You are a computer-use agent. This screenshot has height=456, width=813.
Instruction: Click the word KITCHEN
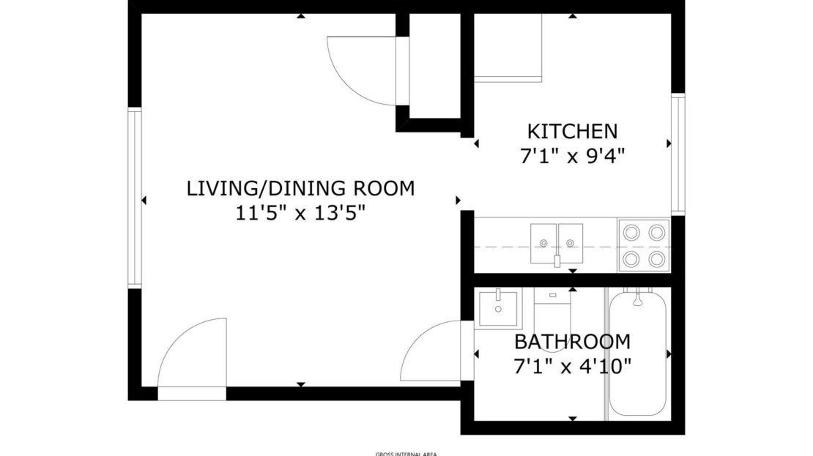pyautogui.click(x=572, y=132)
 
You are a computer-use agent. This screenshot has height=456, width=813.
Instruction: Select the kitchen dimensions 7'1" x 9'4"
pyautogui.click(x=572, y=156)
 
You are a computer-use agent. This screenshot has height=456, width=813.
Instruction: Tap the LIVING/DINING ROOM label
pyautogui.click(x=300, y=189)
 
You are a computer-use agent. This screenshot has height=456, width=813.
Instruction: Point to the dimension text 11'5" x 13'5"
pyautogui.click(x=300, y=213)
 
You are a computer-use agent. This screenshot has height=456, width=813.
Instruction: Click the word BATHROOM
pyautogui.click(x=572, y=342)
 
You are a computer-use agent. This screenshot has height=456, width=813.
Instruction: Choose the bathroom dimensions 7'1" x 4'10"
pyautogui.click(x=572, y=366)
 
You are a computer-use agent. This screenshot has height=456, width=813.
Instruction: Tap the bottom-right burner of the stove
pyautogui.click(x=658, y=258)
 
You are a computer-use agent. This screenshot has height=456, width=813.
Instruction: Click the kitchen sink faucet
pyautogui.click(x=557, y=260)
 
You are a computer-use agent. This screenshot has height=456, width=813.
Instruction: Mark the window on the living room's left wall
pyautogui.click(x=135, y=198)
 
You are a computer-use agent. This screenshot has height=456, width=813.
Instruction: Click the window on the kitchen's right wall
pyautogui.click(x=678, y=154)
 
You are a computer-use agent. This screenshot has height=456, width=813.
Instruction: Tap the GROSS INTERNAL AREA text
pyautogui.click(x=406, y=454)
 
